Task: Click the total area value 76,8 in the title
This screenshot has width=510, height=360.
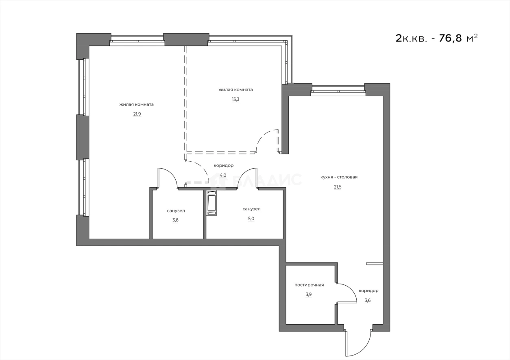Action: click(450, 38)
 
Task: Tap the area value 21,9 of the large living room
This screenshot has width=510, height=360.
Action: click(137, 114)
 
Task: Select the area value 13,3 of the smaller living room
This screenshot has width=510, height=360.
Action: click(235, 99)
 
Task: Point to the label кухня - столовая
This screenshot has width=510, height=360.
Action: click(339, 177)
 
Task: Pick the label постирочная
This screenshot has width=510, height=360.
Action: click(309, 285)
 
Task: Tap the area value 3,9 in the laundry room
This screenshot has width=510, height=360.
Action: click(309, 295)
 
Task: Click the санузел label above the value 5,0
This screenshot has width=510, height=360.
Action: click(251, 209)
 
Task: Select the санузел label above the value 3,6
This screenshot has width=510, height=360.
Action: click(176, 211)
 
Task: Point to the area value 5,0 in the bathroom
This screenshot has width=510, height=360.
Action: click(251, 219)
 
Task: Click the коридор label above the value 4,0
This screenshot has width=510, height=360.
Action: click(223, 165)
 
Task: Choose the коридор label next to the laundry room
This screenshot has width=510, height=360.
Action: click(368, 291)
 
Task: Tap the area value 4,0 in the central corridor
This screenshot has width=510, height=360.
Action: click(223, 175)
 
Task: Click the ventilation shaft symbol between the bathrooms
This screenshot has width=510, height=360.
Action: click(211, 202)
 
